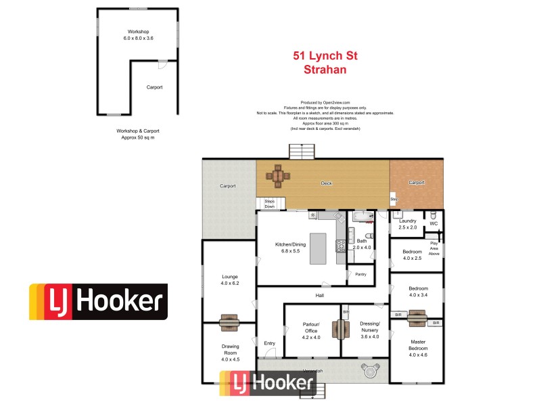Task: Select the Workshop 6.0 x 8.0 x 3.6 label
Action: click(x=138, y=35)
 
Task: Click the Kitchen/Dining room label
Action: click(x=287, y=247)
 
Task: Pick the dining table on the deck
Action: click(x=277, y=175)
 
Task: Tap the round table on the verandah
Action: click(x=370, y=370)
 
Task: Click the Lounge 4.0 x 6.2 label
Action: click(x=229, y=279)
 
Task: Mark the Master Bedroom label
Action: click(x=417, y=348)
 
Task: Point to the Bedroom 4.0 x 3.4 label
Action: click(x=417, y=292)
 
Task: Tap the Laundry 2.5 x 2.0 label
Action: click(x=407, y=224)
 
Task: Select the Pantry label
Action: click(x=360, y=274)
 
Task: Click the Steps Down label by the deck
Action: click(x=269, y=204)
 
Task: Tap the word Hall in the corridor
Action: click(x=320, y=296)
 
